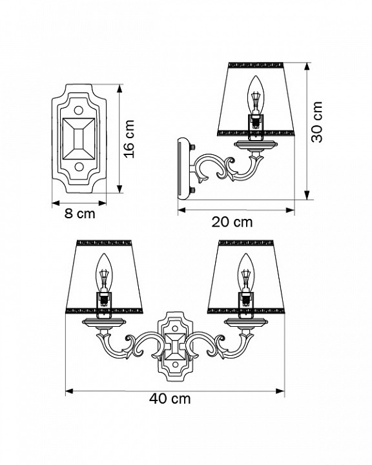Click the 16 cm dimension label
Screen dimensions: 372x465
[129, 139]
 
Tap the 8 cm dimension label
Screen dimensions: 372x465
[80, 214]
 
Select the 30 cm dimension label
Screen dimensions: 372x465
[316, 122]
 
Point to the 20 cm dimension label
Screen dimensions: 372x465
[232, 222]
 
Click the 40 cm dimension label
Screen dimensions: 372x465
[170, 398]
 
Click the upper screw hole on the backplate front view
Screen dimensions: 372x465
[79, 110]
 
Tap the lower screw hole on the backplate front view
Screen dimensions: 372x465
[79, 167]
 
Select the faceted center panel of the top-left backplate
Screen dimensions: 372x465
[79, 139]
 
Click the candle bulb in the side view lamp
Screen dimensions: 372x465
[255, 95]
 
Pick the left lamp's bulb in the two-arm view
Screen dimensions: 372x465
[103, 273]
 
